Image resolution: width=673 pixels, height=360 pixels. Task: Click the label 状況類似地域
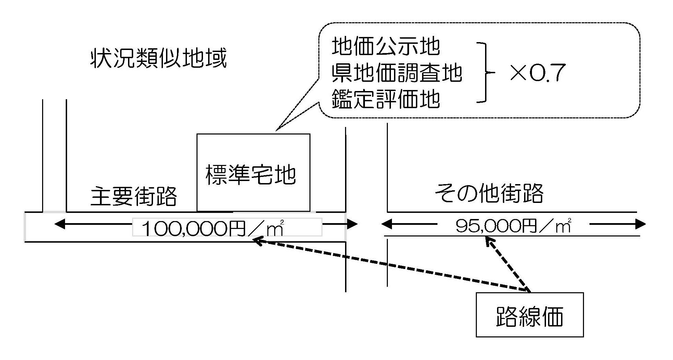click(158, 59)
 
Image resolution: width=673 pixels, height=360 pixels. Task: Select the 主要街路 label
click(134, 196)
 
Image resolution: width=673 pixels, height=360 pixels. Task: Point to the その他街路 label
click(489, 194)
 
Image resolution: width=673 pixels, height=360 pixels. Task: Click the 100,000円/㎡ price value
click(212, 228)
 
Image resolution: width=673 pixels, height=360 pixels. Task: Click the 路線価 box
click(529, 315)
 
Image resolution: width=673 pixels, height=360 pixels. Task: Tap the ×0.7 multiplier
click(537, 73)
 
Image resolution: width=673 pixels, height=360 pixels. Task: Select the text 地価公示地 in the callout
click(385, 47)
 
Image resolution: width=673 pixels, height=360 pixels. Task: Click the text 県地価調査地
click(397, 73)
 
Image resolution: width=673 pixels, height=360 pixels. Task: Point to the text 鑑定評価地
click(385, 99)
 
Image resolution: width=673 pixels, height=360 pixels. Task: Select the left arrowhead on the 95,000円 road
click(386, 224)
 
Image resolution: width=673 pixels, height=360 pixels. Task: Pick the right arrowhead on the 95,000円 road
click(641, 224)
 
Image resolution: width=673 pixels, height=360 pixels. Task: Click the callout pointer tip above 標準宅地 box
click(277, 130)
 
